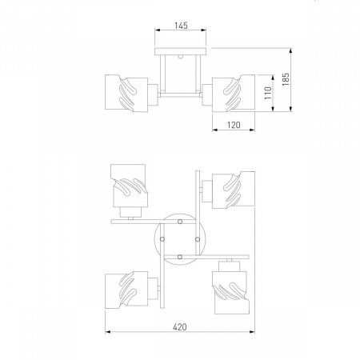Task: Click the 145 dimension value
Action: coord(181,26)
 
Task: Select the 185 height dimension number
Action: coord(286,79)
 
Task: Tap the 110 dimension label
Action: coord(268,93)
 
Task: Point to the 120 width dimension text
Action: coord(234,125)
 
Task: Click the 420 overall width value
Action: coord(180,327)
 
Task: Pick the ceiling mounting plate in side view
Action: coord(181,51)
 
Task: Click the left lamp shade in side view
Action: coord(126,93)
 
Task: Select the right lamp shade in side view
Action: coord(234,93)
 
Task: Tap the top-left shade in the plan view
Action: coord(130,186)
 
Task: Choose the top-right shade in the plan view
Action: coord(234,190)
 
